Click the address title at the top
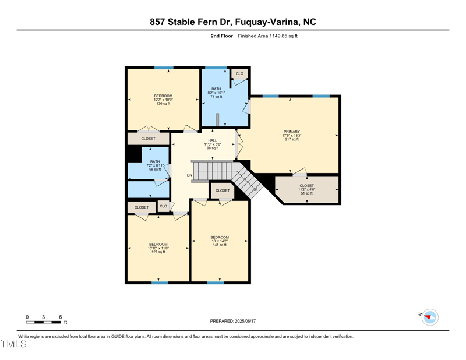233,22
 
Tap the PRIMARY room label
291,135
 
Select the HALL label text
212,144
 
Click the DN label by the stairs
189,175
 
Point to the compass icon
430,317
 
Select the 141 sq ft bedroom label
220,241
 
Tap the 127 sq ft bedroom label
158,248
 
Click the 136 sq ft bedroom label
163,100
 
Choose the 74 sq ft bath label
216,93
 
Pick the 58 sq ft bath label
155,165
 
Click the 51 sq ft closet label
306,189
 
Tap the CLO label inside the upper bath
239,73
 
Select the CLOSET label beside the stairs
222,190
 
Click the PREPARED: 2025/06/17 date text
233,321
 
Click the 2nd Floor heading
221,36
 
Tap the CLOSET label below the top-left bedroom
148,139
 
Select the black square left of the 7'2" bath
134,154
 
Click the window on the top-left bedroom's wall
164,68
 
